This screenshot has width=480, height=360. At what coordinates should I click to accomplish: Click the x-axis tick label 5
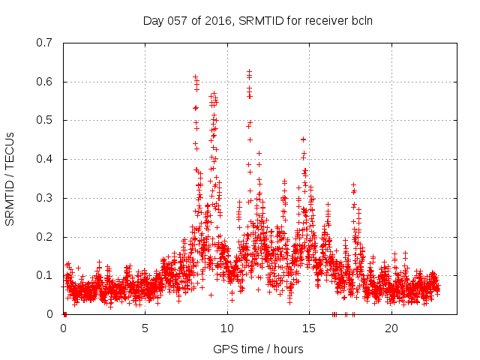[145, 328]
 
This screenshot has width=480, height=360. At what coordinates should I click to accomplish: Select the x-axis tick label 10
[227, 328]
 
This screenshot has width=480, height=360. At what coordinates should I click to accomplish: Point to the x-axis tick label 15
[310, 328]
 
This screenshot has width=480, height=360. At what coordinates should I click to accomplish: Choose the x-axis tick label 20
[391, 328]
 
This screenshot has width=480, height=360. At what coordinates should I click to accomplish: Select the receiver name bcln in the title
[361, 20]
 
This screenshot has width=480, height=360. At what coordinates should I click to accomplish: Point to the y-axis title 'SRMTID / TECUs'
[10, 178]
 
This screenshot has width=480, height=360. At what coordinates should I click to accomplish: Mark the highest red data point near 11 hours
[249, 71]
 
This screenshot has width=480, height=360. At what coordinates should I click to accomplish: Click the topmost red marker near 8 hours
[195, 76]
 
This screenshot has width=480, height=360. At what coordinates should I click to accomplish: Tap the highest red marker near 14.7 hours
[303, 139]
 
